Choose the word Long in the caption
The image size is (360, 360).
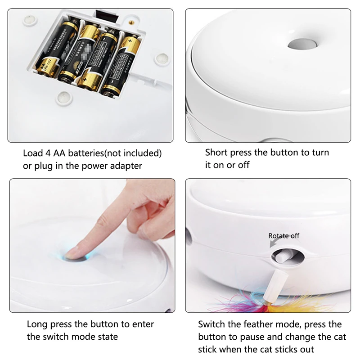pyautogui.click(x=37, y=324)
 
